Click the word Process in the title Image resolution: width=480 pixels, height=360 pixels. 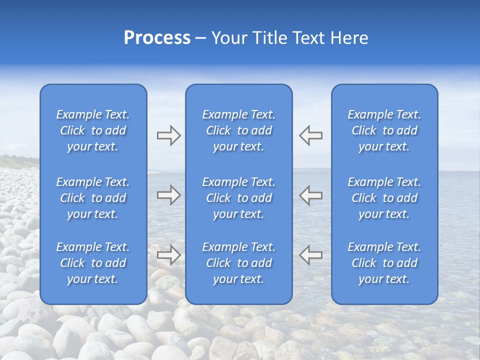coord(157,38)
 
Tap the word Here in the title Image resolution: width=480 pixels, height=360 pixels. coord(348,38)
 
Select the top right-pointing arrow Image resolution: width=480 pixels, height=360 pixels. coord(168,135)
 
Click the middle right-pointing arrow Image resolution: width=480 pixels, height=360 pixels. coord(168,195)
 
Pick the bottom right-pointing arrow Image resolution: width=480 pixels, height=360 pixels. coord(168,254)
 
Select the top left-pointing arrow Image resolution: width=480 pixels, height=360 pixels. coord(310,135)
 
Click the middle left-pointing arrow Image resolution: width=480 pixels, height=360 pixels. coord(310,195)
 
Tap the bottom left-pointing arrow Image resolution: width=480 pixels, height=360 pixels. coord(310,254)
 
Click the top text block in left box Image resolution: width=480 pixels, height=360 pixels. coord(93,130)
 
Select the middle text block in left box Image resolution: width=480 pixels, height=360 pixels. coord(93,198)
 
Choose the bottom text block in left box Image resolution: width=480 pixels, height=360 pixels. coord(93,263)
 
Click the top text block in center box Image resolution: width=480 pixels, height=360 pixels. coord(238,130)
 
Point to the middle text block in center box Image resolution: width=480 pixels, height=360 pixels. coord(238,198)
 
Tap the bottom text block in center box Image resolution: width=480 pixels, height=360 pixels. coord(238,263)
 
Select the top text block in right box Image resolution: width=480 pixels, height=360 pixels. coord(384,130)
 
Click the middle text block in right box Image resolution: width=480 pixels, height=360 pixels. coord(384,198)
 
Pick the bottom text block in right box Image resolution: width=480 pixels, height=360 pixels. coord(384,263)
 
